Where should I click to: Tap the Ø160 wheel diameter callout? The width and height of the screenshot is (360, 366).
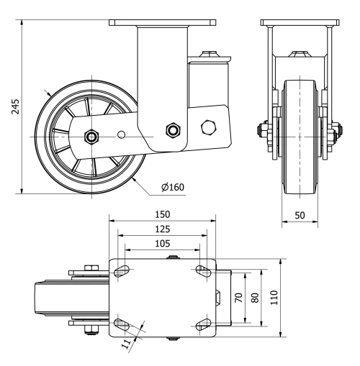pyautogui.click(x=173, y=188)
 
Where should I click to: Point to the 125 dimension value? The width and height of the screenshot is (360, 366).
pyautogui.click(x=163, y=229)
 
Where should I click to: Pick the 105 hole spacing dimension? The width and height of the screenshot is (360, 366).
pyautogui.click(x=163, y=243)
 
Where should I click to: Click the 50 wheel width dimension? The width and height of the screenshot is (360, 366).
pyautogui.click(x=299, y=216)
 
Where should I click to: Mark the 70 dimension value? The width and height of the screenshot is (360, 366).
pyautogui.click(x=238, y=297)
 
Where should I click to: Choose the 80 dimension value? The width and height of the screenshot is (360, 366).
pyautogui.click(x=253, y=297)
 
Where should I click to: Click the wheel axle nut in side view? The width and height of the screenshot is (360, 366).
pyautogui.click(x=92, y=136)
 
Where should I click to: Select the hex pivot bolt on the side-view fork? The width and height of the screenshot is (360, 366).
pyautogui.click(x=172, y=129)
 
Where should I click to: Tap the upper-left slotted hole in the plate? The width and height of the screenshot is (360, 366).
pyautogui.click(x=122, y=270)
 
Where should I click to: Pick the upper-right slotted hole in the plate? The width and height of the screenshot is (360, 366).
pyautogui.click(x=203, y=270)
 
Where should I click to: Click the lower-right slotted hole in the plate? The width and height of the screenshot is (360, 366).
pyautogui.click(x=203, y=324)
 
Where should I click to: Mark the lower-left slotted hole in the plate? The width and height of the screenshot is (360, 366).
pyautogui.click(x=122, y=324)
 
